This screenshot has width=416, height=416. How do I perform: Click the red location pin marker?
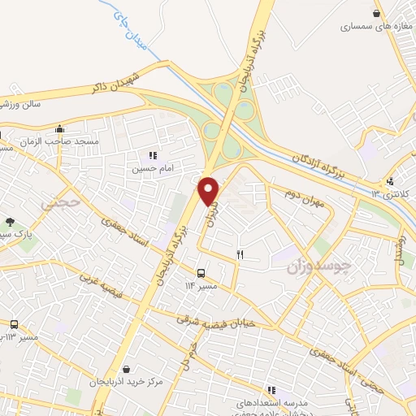(x=210, y=191)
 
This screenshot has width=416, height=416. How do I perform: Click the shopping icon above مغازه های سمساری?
(x=375, y=12)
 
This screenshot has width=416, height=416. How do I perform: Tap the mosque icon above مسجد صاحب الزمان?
(x=58, y=128)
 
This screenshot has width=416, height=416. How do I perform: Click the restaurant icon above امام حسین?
(x=152, y=155)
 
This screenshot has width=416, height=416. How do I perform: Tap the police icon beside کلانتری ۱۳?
(x=391, y=180)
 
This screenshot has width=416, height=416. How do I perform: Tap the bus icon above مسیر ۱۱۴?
(x=201, y=272)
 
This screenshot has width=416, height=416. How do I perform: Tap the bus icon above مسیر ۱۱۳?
(x=13, y=324)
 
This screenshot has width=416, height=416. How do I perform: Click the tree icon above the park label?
(x=10, y=222)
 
